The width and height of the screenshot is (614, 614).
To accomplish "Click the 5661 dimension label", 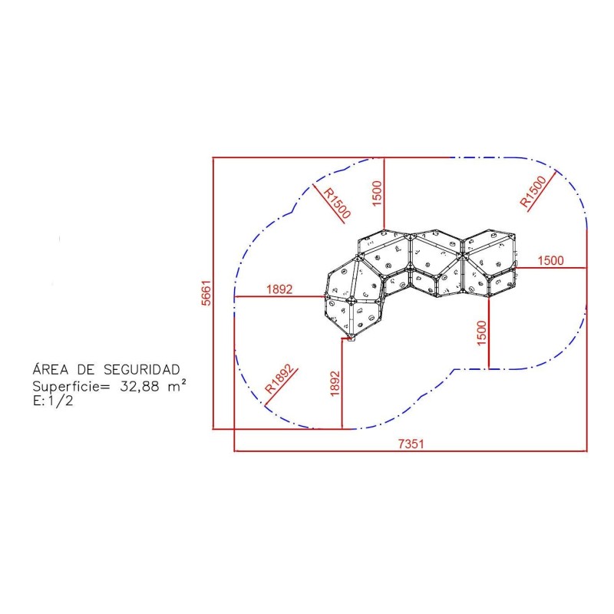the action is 206,292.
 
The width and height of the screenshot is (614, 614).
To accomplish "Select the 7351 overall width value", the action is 411,444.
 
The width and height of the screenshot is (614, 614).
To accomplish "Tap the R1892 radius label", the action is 279,379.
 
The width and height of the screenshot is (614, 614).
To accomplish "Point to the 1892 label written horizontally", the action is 279,289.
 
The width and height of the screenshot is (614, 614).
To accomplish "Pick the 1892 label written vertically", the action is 335,384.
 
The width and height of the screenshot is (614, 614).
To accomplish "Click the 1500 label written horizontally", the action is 550,260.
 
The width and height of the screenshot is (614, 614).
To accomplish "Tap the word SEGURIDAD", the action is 142,369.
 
